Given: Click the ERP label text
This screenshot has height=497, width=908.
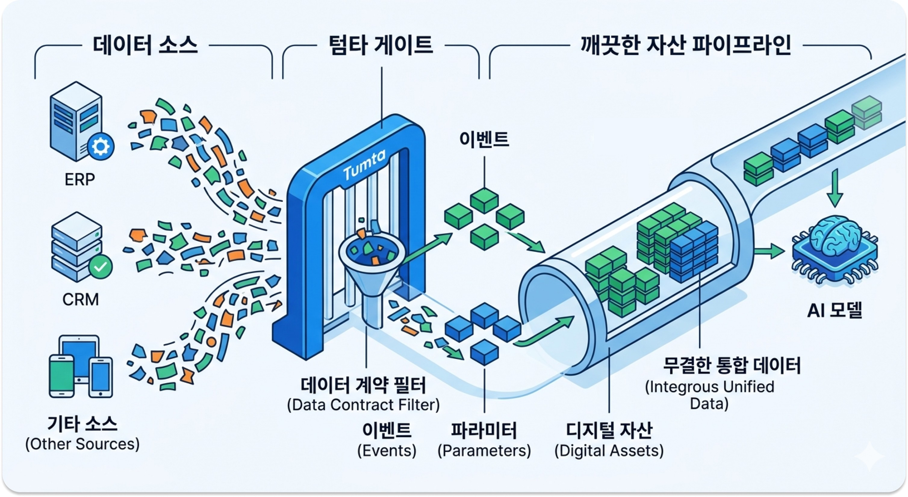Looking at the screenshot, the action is pos(80,179).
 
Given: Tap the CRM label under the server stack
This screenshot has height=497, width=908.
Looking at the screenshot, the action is pos(80,299).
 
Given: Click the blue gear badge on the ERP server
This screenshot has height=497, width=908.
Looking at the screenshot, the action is pos(101,147).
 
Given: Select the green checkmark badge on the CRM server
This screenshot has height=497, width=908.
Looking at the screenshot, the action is pos(101,267).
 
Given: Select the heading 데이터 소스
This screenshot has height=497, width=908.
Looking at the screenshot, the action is pos(145,45).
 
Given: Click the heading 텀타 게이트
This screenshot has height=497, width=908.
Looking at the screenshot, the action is pos(381,45).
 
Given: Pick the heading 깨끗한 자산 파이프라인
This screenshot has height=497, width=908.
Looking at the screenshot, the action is pos(686,45).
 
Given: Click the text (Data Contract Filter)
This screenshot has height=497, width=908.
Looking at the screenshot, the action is pos(363,405).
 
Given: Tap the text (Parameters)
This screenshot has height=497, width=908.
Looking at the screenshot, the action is pos(484,450).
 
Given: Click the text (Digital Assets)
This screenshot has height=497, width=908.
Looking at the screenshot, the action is pos(609,450).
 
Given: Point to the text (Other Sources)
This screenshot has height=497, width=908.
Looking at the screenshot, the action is pos(82,444).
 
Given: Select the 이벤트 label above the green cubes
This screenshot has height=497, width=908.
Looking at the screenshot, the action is pos(484,139).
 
